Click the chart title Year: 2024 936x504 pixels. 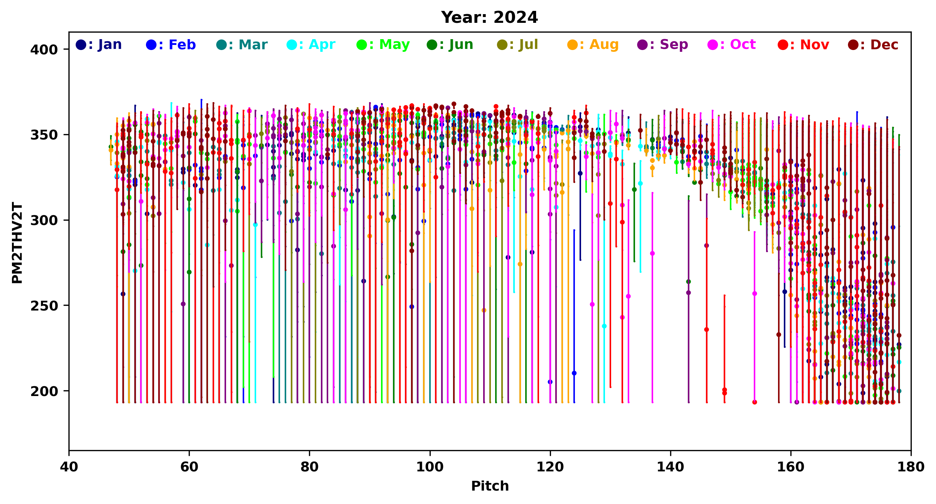489,17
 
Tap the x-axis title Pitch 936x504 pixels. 490,486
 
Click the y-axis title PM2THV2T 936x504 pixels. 17,243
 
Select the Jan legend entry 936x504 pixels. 99,45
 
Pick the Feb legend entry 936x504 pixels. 171,45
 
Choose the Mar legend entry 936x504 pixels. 242,45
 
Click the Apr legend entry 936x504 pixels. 311,45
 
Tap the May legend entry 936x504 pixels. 383,45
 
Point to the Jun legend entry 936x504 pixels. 450,45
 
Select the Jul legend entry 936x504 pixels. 518,45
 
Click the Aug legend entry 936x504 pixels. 593,45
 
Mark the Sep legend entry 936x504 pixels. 663,45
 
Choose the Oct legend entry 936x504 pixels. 732,45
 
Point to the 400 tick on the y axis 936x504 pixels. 44,49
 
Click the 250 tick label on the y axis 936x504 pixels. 44,306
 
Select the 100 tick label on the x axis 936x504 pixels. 430,467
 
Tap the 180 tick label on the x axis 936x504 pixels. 911,467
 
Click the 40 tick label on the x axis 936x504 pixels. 69,467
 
